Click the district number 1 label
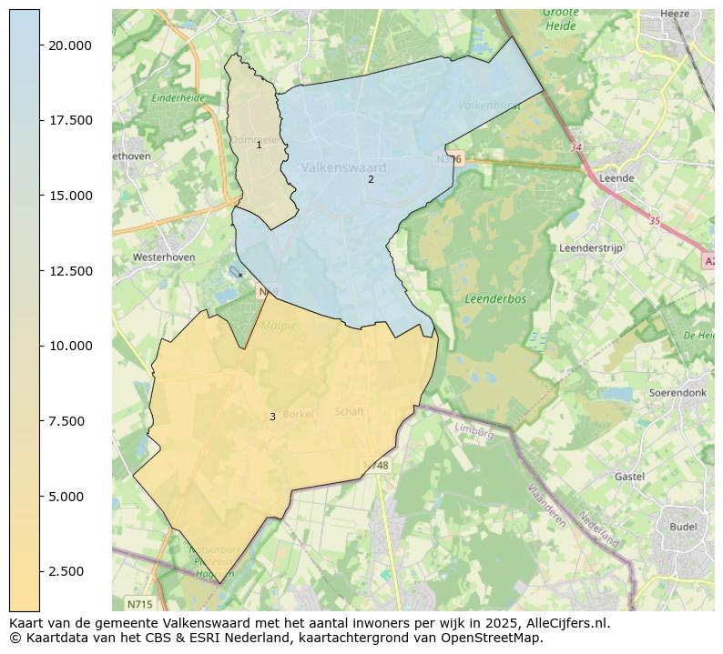[259, 145]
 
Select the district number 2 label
[371, 179]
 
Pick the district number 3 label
[272, 417]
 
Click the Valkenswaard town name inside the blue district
[343, 167]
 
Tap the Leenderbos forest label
[494, 298]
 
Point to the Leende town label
[616, 178]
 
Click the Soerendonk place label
[677, 393]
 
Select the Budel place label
[683, 527]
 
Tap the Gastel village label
[629, 477]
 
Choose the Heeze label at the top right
[675, 15]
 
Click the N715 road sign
[139, 604]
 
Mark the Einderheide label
[178, 97]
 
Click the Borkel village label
[298, 414]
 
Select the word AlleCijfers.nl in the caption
[564, 624]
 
